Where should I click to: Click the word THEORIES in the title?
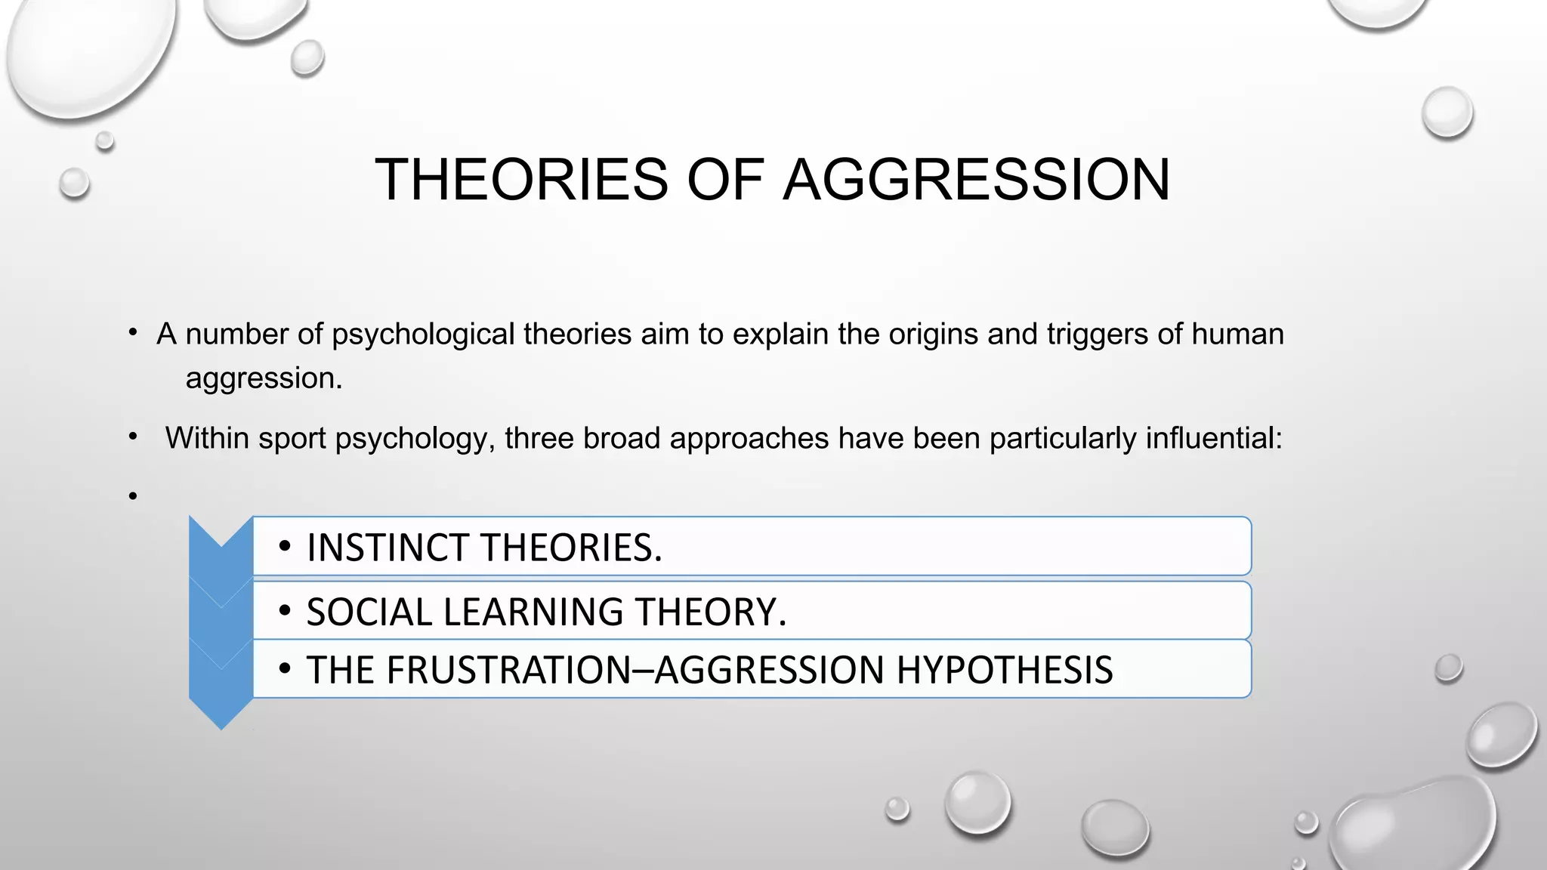click(x=521, y=180)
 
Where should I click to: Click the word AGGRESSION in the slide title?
click(x=976, y=180)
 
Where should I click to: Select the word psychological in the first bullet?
click(x=423, y=334)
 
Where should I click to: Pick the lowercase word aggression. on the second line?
click(x=264, y=378)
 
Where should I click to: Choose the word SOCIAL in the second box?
click(x=369, y=612)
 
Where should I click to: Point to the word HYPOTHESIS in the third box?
click(x=1005, y=670)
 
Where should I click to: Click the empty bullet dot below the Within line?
click(x=133, y=496)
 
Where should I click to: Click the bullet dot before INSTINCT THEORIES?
click(x=284, y=546)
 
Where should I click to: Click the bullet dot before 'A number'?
click(x=133, y=333)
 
